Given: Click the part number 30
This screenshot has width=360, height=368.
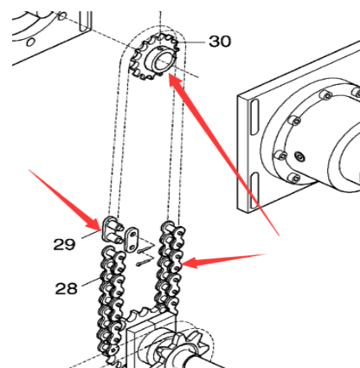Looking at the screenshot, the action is [220, 42].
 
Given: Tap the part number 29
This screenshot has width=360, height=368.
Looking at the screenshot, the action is [64, 244].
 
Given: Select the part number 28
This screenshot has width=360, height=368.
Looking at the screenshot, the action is [67, 288].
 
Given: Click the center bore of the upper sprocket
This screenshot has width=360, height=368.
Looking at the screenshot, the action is [163, 61].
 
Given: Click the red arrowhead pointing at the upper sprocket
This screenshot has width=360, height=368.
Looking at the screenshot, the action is [176, 81].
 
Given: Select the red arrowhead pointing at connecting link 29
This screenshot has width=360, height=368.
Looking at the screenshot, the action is [93, 223].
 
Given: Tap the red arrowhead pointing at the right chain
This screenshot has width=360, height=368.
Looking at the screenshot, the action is [191, 262].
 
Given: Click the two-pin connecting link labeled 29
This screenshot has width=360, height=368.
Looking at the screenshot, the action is [112, 230].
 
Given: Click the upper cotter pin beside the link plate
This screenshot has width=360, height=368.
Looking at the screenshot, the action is [145, 248].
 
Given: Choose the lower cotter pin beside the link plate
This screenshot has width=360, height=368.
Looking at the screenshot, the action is [145, 260].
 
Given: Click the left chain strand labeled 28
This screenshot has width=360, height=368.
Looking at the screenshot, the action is [112, 303].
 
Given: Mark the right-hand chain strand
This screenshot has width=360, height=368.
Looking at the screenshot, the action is [170, 267].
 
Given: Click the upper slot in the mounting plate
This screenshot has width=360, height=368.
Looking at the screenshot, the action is [254, 117].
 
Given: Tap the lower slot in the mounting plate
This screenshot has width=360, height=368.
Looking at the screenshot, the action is [254, 190].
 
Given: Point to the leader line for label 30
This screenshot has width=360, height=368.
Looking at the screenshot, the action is [191, 42].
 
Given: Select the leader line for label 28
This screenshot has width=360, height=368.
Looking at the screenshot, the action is [92, 282].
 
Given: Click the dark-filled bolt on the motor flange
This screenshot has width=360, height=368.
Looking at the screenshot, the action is [300, 157].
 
